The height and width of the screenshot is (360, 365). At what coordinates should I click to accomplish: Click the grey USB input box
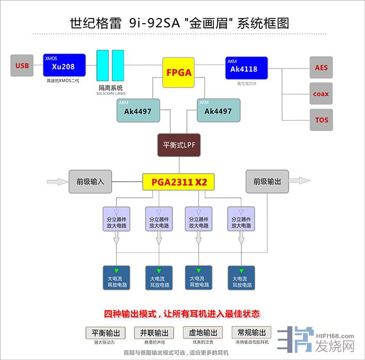(x=22, y=65)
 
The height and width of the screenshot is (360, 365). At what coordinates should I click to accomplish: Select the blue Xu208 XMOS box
(x=64, y=65)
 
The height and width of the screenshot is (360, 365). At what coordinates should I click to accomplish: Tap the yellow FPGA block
(x=179, y=72)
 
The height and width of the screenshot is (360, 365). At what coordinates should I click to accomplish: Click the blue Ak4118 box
(x=246, y=68)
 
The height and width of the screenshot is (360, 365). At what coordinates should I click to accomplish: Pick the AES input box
(x=321, y=67)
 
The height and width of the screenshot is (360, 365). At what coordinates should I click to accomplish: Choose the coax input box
(x=321, y=94)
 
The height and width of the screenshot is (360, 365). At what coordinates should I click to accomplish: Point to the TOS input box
(x=321, y=120)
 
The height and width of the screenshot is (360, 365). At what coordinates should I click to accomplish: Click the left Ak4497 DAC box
(x=138, y=110)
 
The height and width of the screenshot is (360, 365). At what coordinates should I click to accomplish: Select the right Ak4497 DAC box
(x=218, y=110)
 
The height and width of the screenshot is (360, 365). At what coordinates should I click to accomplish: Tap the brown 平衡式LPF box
(x=179, y=145)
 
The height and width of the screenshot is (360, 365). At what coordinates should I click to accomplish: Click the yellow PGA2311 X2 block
(x=178, y=181)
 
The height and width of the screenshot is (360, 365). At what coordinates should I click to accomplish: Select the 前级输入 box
(x=90, y=181)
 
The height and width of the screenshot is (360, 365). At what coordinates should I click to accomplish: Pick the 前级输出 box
(x=267, y=181)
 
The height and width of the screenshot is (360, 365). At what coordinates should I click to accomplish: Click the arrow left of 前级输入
(x=56, y=181)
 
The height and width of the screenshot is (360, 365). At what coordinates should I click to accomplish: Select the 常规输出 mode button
(x=252, y=332)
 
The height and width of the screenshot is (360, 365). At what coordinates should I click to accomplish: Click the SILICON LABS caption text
(x=111, y=93)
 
